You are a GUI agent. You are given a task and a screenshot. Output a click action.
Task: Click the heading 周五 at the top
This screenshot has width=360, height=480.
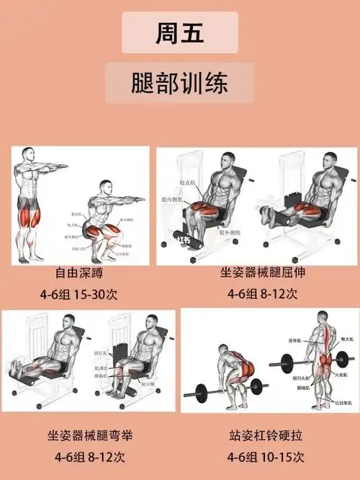[x=179, y=32]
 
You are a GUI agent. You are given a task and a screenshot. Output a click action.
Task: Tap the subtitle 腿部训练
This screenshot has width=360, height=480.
[x=179, y=82]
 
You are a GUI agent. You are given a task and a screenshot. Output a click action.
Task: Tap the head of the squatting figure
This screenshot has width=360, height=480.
[x=106, y=187]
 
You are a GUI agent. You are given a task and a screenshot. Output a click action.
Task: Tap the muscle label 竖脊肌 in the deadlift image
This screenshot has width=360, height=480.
[x=292, y=340]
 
